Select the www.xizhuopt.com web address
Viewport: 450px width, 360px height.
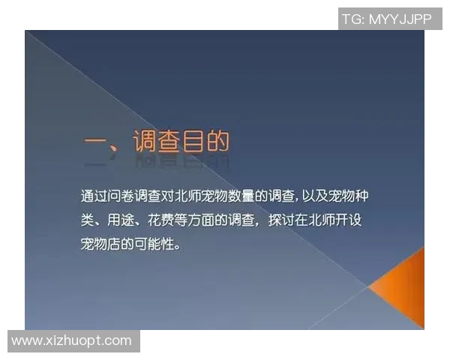[x=72, y=340]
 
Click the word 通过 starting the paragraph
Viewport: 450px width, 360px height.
[x=94, y=197]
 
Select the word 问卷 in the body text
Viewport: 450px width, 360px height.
[x=121, y=197]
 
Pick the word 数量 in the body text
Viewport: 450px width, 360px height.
[x=244, y=197]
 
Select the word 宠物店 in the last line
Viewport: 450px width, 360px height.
[x=101, y=245]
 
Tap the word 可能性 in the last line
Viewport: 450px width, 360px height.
[x=154, y=245]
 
